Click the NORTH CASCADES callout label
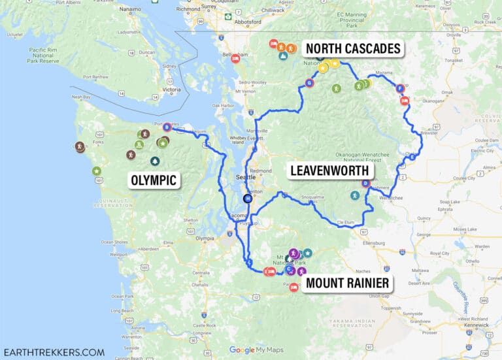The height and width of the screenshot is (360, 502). point(353,49)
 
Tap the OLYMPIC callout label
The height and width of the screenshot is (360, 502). point(154,180)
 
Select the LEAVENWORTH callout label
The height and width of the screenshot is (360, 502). point(329,171)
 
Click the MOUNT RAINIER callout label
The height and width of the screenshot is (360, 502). point(348,284)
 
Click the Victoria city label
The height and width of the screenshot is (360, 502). point(171,90)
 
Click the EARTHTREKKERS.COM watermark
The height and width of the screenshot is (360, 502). point(54,352)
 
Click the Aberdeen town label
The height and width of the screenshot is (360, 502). point(149,249)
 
